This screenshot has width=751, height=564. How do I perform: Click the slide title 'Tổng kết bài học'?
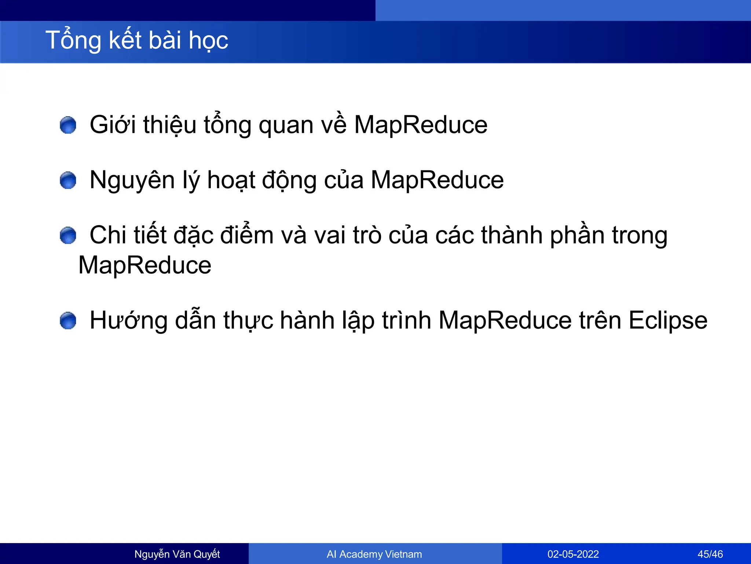137,40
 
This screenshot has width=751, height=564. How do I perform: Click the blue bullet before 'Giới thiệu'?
68,125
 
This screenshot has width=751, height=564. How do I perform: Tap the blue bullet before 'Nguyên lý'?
68,180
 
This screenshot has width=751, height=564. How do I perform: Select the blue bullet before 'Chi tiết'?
68,235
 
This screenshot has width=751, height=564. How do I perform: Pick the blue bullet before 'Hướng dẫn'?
68,321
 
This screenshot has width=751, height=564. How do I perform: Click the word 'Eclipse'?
668,321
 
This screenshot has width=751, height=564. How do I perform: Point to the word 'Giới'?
113,125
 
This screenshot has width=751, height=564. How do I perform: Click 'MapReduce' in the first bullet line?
421,125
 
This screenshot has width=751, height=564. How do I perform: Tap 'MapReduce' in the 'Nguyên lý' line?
437,180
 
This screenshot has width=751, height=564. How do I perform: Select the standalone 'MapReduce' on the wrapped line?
145,265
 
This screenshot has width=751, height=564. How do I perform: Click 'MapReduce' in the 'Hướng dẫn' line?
505,320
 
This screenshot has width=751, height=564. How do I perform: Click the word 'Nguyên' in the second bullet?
132,181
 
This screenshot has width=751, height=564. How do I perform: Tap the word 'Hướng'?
128,321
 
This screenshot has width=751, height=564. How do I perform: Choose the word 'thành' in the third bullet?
512,235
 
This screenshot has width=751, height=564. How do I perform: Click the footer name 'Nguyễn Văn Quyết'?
177,554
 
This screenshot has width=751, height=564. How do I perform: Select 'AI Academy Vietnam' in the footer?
374,554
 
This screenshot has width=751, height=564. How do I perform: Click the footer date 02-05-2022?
573,554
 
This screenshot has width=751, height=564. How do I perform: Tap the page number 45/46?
710,554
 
